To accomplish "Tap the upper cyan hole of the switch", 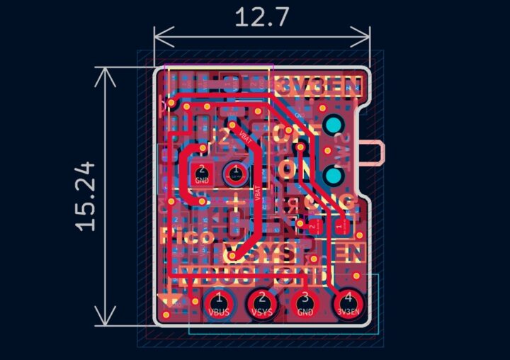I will [334, 126].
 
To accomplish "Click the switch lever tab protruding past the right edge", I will [374, 152].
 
